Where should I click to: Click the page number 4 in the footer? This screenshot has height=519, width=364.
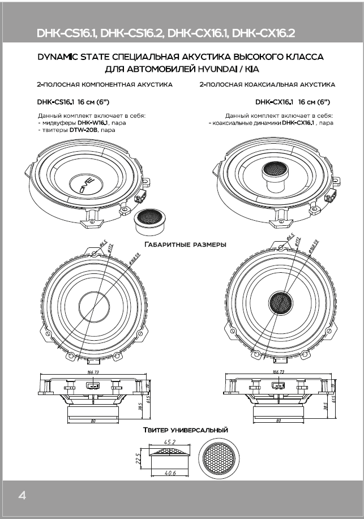click(x=22, y=496)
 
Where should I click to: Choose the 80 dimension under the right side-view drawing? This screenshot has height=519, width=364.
click(x=278, y=421)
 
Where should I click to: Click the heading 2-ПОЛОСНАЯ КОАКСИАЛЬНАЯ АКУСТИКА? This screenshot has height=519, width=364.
click(x=267, y=84)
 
